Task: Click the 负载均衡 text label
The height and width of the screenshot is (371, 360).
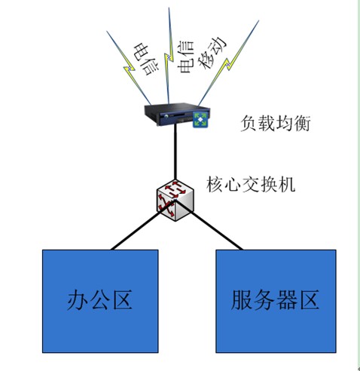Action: pyautogui.click(x=276, y=124)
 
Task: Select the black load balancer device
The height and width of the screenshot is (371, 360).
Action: pyautogui.click(x=177, y=115)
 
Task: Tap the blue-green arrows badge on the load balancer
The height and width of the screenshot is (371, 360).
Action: pyautogui.click(x=200, y=119)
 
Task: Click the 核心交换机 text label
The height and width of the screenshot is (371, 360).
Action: pyautogui.click(x=250, y=185)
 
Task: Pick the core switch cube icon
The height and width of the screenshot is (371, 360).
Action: pyautogui.click(x=175, y=201)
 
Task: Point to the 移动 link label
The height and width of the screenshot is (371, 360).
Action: pyautogui.click(x=212, y=53)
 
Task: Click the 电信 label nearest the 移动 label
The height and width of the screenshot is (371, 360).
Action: pyautogui.click(x=186, y=57)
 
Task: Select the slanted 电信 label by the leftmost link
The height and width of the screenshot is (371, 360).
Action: pyautogui.click(x=146, y=60)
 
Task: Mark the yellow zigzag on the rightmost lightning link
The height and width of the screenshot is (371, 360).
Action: pyautogui.click(x=227, y=65)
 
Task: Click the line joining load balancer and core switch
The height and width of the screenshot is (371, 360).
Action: pyautogui.click(x=175, y=153)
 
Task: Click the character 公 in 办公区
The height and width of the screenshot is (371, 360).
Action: pyautogui.click(x=99, y=300)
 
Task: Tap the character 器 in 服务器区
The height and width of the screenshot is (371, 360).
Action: pyautogui.click(x=287, y=299)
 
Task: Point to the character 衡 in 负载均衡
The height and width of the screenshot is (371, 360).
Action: pyautogui.click(x=302, y=124)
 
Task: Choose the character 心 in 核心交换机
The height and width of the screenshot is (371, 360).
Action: pyautogui.click(x=233, y=185)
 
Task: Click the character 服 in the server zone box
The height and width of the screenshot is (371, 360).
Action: pyautogui.click(x=241, y=299)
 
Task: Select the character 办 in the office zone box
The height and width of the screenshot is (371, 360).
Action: pyautogui.click(x=77, y=300)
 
